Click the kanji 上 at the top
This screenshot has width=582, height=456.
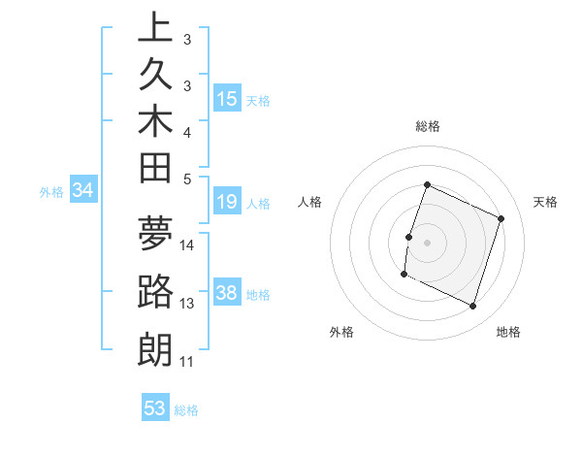(155, 28)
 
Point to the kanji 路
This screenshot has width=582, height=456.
(155, 291)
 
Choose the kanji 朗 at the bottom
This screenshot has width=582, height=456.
(155, 349)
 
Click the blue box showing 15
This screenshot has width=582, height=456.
(227, 99)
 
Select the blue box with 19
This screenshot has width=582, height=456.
(227, 203)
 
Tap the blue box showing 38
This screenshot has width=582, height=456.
(227, 294)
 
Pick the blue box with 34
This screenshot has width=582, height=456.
(82, 191)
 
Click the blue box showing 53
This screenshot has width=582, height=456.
(155, 408)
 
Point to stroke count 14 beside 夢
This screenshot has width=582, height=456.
(187, 245)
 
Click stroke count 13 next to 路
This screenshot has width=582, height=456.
(187, 304)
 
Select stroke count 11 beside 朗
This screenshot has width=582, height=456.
(187, 362)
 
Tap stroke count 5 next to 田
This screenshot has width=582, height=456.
(187, 179)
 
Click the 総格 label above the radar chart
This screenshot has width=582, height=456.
(428, 126)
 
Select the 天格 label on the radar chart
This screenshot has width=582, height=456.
(545, 202)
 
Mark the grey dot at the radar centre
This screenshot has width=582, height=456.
(427, 243)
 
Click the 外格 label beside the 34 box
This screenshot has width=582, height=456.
(50, 192)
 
